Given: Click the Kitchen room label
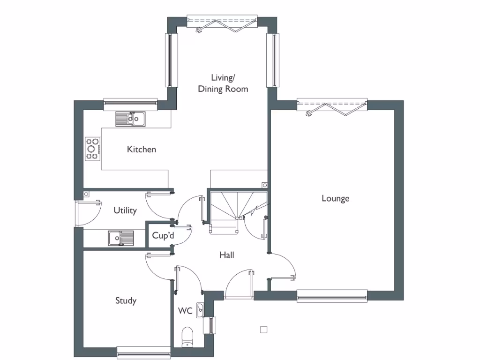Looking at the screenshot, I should [x=141, y=150].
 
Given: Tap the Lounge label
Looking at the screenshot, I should [x=335, y=198].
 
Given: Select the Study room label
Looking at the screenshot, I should [x=126, y=300].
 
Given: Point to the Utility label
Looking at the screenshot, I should [x=125, y=210].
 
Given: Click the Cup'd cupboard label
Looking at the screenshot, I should [x=163, y=235].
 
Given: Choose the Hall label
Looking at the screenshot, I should [x=227, y=255].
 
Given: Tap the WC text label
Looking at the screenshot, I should [x=185, y=311].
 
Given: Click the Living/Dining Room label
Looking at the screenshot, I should [x=223, y=83].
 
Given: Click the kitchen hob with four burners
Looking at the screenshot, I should [x=92, y=148].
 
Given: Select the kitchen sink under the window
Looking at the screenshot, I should [x=131, y=119].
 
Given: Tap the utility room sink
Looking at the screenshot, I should [x=120, y=239].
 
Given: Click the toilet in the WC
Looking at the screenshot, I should [x=187, y=337].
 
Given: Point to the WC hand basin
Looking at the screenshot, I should [x=201, y=310].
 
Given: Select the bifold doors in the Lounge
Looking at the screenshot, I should [x=332, y=106].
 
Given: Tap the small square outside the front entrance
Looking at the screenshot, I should [x=264, y=330].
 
